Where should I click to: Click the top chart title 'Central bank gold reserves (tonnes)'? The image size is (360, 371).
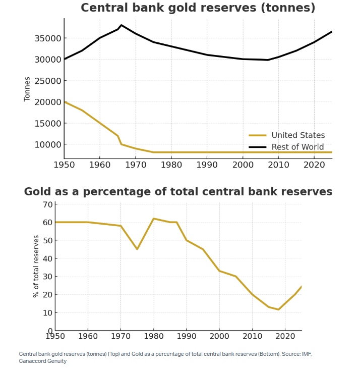pos(198,8)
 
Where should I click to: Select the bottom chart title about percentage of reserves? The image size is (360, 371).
pos(178,192)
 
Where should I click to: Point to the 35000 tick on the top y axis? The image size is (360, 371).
pos(47,38)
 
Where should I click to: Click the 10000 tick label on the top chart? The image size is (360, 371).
pos(47,144)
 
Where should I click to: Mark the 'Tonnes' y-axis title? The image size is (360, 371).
pos(27,89)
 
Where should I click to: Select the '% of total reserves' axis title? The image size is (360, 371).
pos(36,266)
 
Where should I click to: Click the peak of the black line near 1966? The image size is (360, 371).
pos(122,25)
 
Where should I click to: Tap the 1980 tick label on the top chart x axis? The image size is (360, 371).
pos(171,165)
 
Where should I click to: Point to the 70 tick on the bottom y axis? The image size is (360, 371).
pos(48,204)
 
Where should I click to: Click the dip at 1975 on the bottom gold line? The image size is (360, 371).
pos(137,249)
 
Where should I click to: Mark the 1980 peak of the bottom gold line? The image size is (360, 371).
pos(153,219)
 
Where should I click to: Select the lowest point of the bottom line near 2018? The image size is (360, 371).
pos(278,309)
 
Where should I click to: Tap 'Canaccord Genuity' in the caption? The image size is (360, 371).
pos(43,361)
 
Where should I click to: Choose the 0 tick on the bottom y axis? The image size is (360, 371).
pos(50,331)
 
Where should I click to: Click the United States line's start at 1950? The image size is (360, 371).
pos(65,102)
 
